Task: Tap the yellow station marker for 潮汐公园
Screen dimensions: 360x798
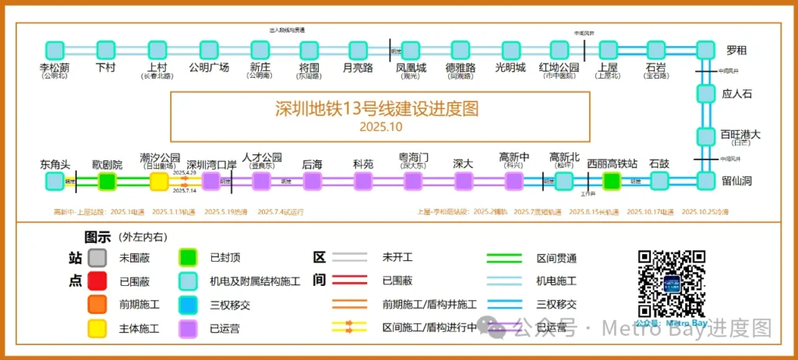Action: (x=159, y=182)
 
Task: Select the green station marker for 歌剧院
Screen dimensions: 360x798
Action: (x=107, y=182)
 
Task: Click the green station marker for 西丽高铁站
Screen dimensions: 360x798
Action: (x=612, y=182)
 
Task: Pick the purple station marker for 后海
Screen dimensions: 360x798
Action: (x=312, y=182)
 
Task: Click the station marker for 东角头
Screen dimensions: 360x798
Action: (x=55, y=182)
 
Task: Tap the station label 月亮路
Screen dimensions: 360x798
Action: (x=358, y=68)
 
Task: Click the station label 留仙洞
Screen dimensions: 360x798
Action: (x=736, y=181)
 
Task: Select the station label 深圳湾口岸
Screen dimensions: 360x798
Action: (x=211, y=164)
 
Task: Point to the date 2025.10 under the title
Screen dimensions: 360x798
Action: (x=380, y=126)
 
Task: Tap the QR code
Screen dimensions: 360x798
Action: (x=672, y=283)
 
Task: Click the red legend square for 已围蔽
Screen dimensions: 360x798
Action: (x=97, y=281)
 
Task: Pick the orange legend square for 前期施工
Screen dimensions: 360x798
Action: (x=97, y=305)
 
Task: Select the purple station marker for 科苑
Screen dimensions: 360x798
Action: (x=363, y=182)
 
